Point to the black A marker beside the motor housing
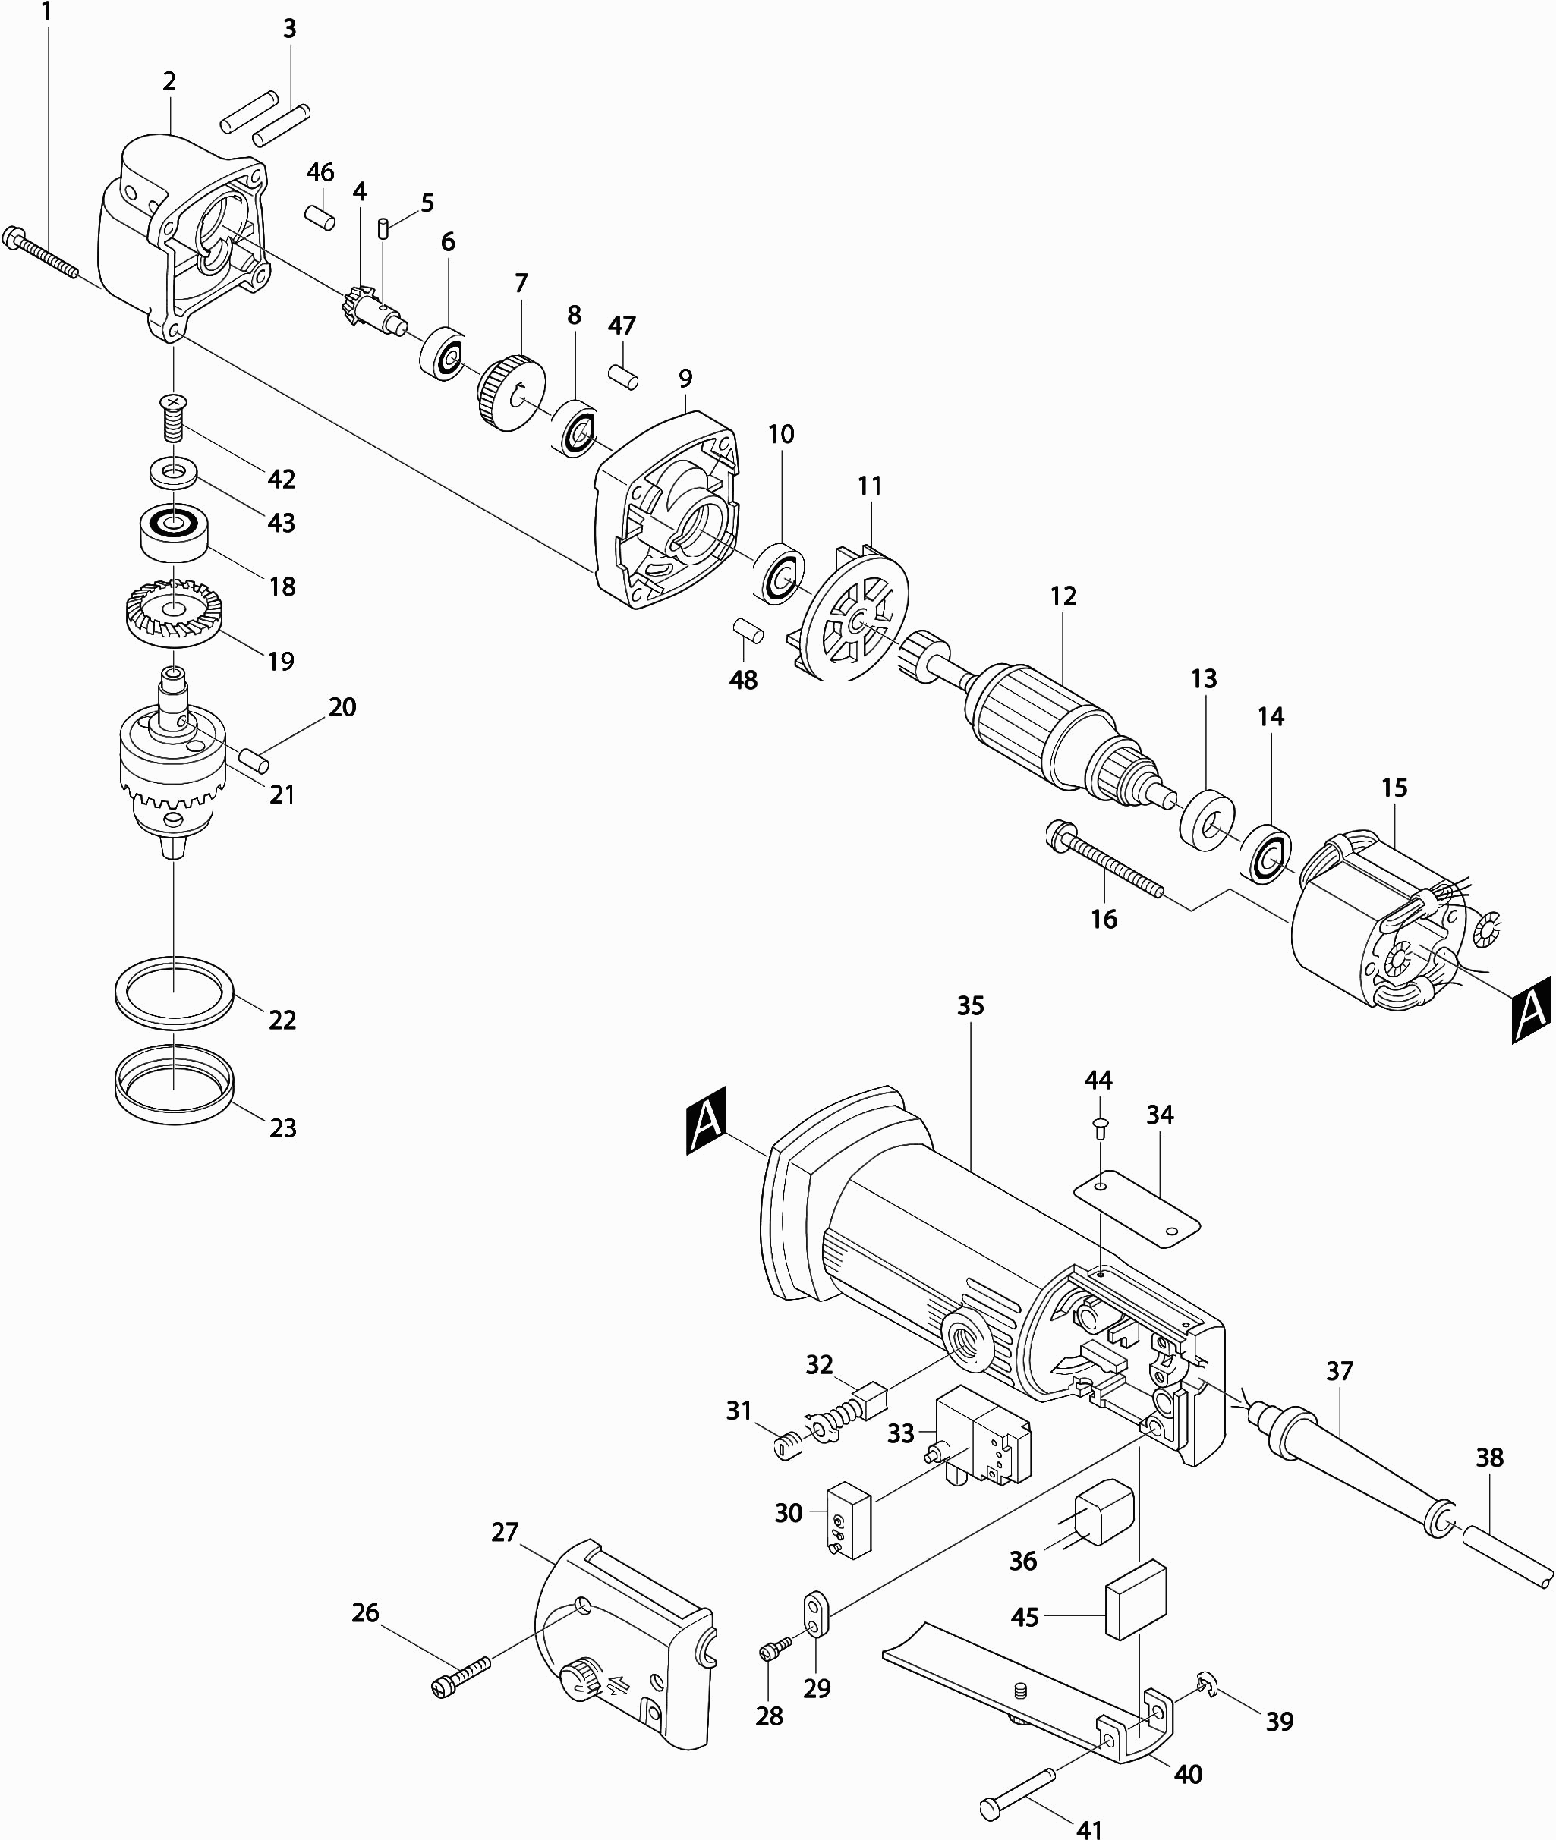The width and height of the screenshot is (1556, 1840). [707, 1121]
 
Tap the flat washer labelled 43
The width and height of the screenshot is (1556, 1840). [173, 472]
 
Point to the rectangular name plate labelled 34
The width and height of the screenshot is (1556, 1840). [1137, 1207]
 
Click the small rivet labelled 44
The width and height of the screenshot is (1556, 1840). [1098, 1127]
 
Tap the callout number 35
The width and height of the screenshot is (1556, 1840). [970, 1006]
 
